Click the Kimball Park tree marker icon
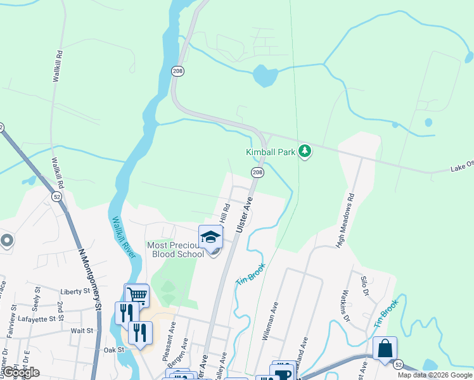(x=305, y=151)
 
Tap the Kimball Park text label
(x=271, y=152)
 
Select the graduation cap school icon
(x=211, y=237)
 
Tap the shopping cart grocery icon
(x=136, y=294)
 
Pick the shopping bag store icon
(x=385, y=348)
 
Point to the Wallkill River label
(x=124, y=237)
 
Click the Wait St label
(x=82, y=331)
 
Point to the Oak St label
(x=113, y=350)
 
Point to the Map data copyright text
(x=434, y=375)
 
